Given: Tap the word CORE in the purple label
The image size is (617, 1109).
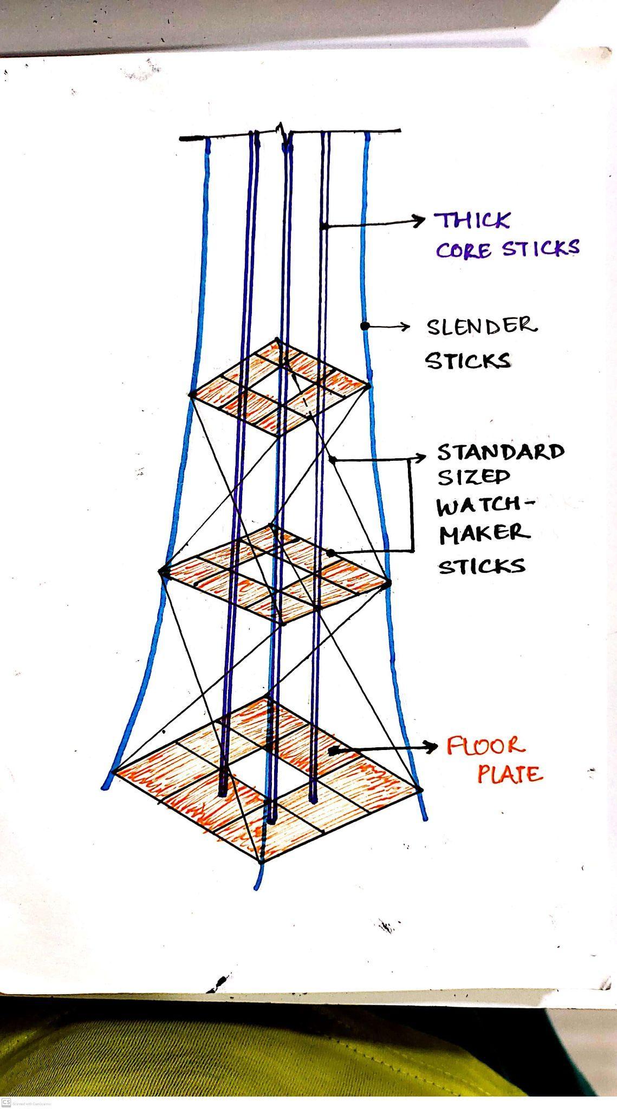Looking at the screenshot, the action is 464,251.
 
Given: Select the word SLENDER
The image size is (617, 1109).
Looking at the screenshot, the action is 482,326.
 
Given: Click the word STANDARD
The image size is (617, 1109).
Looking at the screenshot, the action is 501,451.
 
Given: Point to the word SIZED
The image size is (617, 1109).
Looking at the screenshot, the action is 473,477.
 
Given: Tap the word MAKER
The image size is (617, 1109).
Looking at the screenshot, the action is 484,534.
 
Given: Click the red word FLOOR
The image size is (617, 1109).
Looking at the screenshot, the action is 485,746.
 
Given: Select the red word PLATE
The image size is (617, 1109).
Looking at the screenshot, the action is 509,774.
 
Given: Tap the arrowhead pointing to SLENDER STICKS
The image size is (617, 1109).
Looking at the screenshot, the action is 405,326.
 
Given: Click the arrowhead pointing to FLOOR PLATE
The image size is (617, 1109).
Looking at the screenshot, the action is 432,747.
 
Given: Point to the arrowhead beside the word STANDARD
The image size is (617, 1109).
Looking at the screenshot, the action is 423,458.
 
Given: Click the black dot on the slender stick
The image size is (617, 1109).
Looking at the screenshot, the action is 365,326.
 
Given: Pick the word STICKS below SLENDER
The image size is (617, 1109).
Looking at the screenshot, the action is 467,361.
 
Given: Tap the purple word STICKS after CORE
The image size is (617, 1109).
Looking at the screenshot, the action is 540,248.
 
